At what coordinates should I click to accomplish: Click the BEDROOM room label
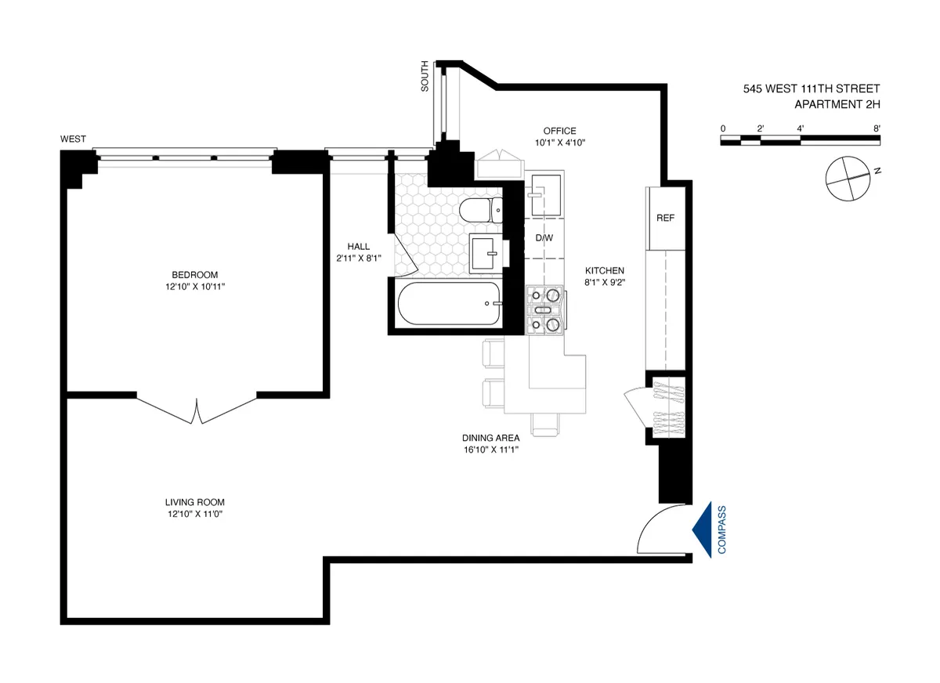pos(195,274)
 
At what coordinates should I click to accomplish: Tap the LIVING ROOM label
pos(195,502)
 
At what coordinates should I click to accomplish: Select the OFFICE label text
pos(560,131)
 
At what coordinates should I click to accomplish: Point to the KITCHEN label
pos(603,270)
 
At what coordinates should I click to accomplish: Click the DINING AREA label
pos(491,439)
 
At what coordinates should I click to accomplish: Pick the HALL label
pos(358,246)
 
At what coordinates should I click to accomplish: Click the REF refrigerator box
pos(665,218)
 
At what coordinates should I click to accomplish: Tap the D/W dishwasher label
pos(544,238)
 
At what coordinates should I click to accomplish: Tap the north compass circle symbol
pos(848,177)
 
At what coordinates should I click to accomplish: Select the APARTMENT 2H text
pos(837,104)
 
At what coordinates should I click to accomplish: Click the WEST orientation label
pos(73,139)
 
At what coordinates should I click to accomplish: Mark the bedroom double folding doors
pos(197,408)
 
